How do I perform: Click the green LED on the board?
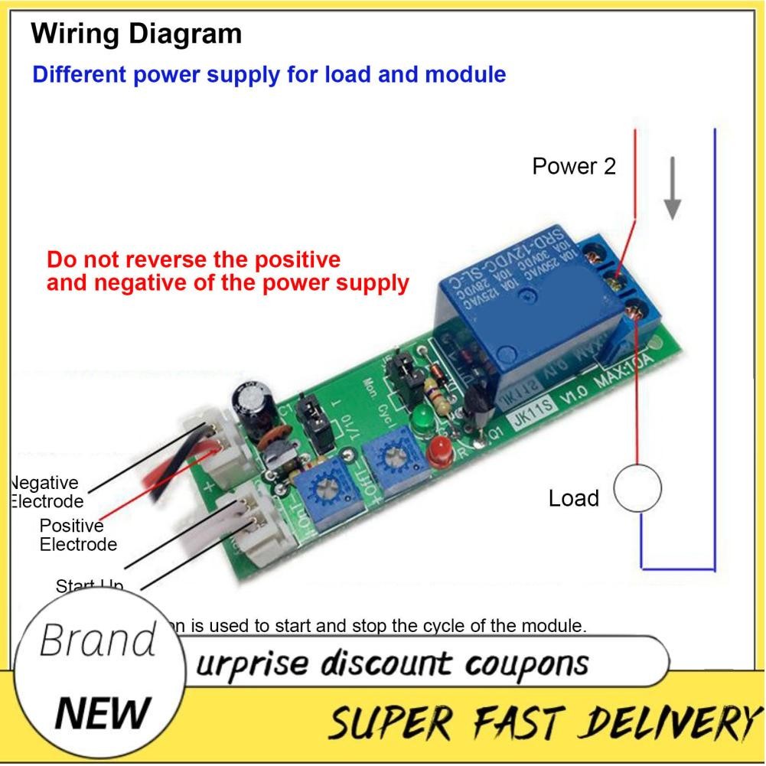click(419, 420)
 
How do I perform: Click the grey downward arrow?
click(672, 187)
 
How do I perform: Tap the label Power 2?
click(574, 166)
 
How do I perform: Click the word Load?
click(573, 498)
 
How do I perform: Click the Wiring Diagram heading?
click(137, 33)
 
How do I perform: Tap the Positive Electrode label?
click(77, 535)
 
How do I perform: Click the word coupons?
click(534, 662)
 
